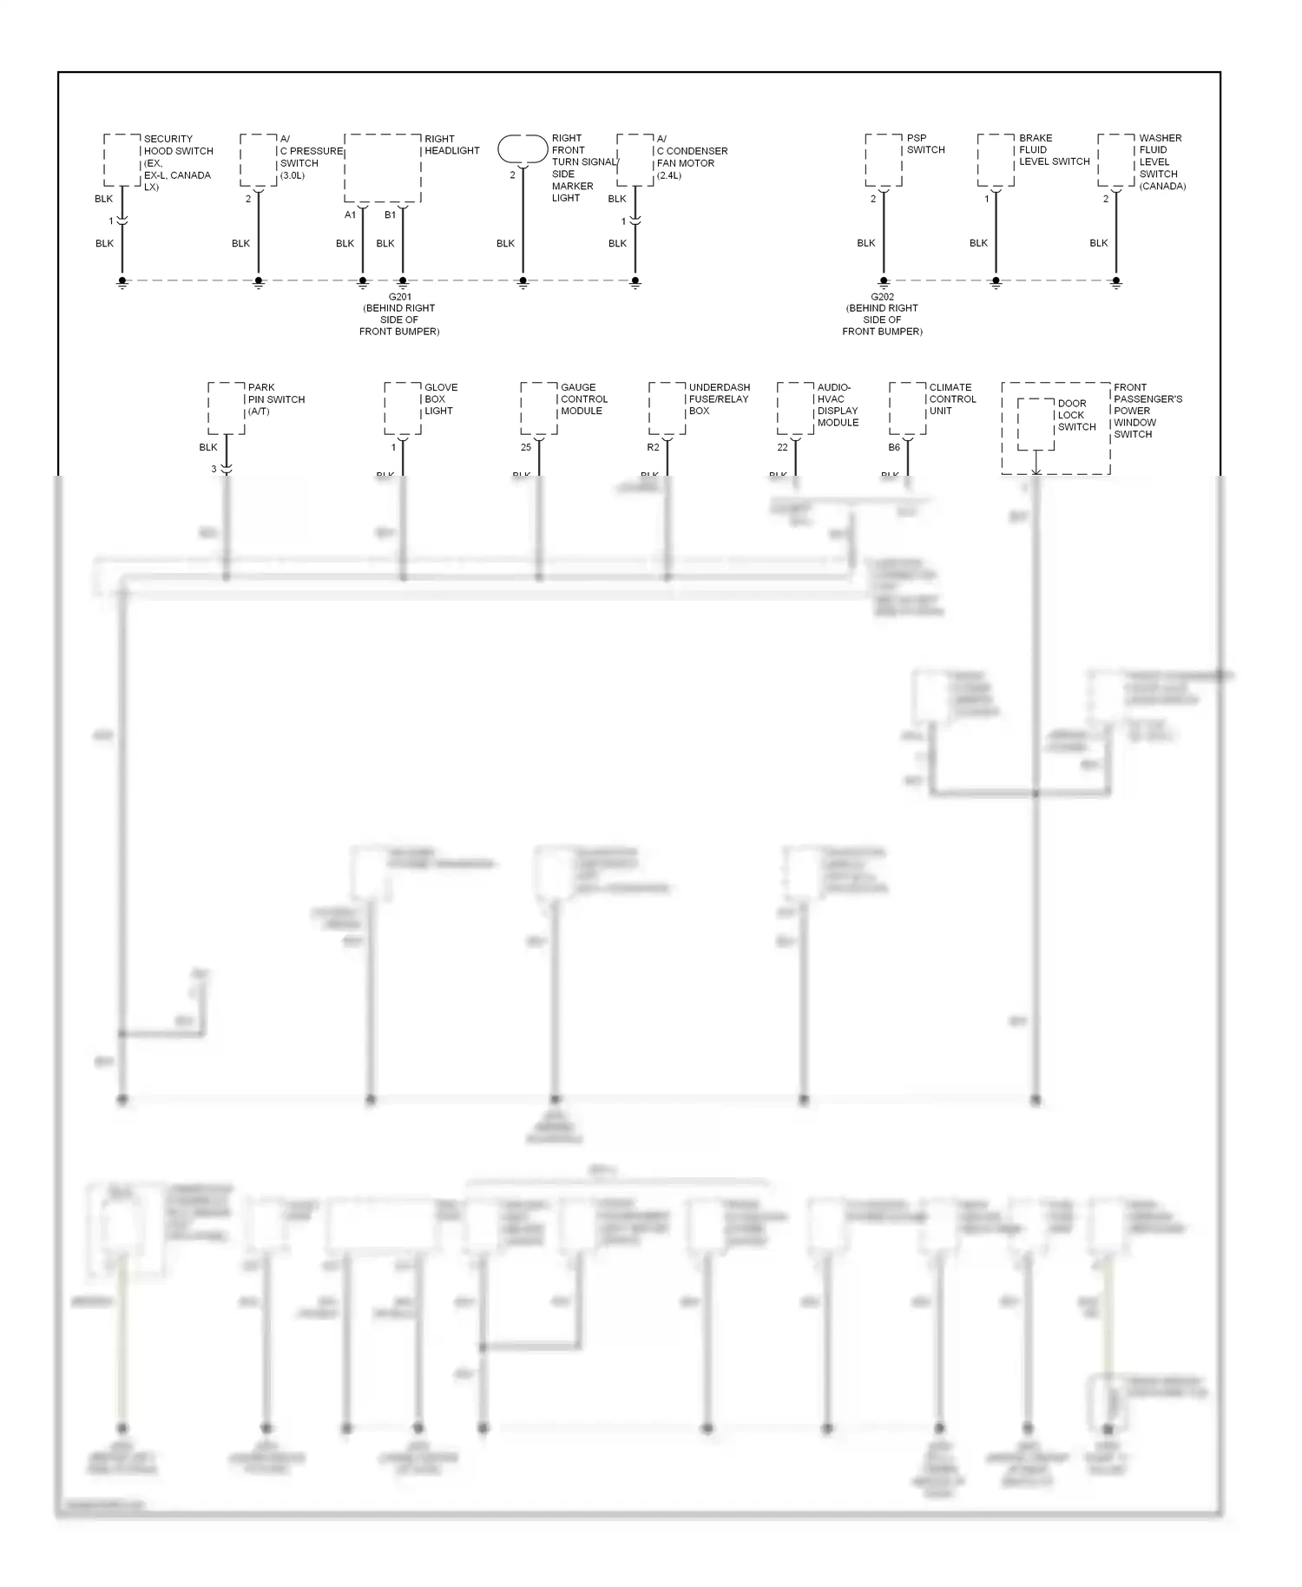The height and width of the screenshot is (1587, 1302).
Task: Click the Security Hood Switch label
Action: click(177, 162)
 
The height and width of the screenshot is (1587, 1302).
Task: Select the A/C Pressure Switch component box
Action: click(258, 160)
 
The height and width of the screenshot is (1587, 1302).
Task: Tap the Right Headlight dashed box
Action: click(383, 168)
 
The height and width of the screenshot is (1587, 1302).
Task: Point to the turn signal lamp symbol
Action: click(523, 148)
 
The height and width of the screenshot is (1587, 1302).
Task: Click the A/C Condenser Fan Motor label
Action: click(691, 156)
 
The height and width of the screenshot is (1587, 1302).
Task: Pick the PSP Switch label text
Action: click(925, 144)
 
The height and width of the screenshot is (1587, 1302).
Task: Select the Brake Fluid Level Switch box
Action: click(996, 160)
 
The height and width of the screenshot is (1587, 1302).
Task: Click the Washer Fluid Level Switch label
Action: click(1161, 161)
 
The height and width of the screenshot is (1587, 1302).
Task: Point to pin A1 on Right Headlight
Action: click(350, 214)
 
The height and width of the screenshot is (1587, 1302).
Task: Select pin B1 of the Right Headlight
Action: click(390, 214)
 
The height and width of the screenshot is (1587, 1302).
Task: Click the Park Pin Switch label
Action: click(276, 399)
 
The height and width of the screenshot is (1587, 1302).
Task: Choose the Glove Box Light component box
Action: click(403, 408)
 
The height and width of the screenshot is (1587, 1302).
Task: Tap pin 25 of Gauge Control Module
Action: click(526, 448)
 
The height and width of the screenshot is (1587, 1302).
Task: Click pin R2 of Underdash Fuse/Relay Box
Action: click(653, 448)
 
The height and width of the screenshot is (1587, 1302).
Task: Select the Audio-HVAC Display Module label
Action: click(838, 405)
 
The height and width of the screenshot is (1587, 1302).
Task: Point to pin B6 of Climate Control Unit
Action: click(894, 448)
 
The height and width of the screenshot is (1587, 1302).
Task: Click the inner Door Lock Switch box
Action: click(1036, 425)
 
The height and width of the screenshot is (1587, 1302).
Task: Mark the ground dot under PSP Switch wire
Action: click(884, 280)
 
